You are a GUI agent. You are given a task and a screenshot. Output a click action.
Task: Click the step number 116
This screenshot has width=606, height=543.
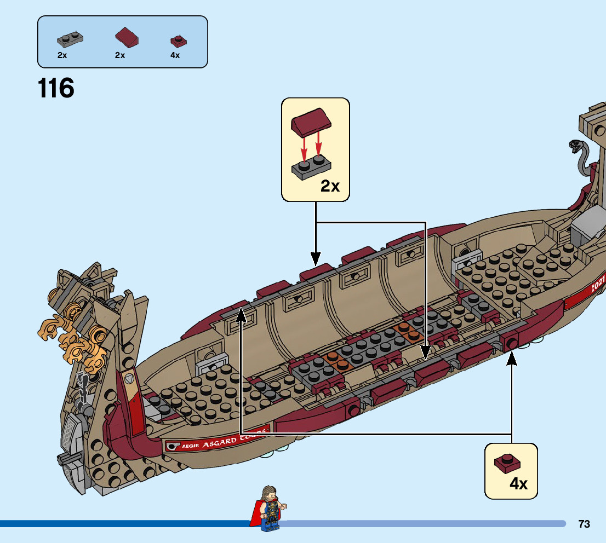click(56, 89)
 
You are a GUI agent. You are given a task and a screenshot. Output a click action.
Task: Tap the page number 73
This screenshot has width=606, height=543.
click(584, 524)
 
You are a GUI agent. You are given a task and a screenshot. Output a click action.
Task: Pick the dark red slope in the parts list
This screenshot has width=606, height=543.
click(127, 38)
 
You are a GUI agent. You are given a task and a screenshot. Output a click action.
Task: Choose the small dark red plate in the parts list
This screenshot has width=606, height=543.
click(178, 41)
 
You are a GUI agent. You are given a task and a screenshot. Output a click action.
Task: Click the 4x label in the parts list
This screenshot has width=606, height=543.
click(175, 55)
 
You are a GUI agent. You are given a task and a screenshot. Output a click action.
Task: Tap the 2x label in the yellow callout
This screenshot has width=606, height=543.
click(330, 186)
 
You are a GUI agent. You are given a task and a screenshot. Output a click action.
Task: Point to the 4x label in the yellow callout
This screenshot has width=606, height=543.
click(518, 484)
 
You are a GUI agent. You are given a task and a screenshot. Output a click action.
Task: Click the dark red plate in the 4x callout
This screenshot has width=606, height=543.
click(507, 463)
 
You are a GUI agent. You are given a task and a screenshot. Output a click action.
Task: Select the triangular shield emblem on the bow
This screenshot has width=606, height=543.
click(130, 378)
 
